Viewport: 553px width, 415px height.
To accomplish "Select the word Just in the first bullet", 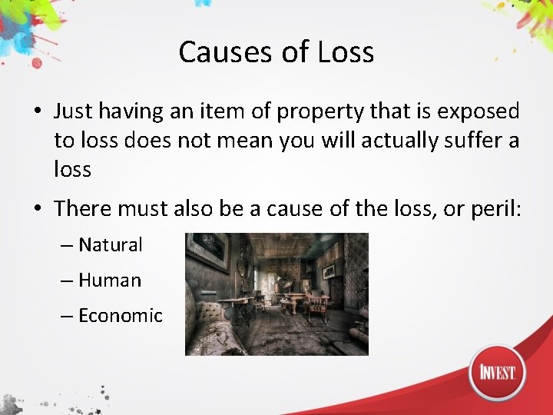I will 72,111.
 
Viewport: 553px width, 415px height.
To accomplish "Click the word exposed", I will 478,111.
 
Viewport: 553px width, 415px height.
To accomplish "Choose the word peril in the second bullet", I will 496,208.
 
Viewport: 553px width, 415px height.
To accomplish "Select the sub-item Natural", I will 111,245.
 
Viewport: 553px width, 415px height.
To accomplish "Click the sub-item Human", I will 110,281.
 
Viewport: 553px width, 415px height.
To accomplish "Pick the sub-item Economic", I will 121,316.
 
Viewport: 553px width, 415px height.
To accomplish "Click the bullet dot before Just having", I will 38,112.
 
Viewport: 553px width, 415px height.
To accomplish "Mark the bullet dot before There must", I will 38,209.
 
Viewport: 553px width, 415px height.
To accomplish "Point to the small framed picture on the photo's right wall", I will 329,271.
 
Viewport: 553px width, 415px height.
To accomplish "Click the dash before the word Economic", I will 67,316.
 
